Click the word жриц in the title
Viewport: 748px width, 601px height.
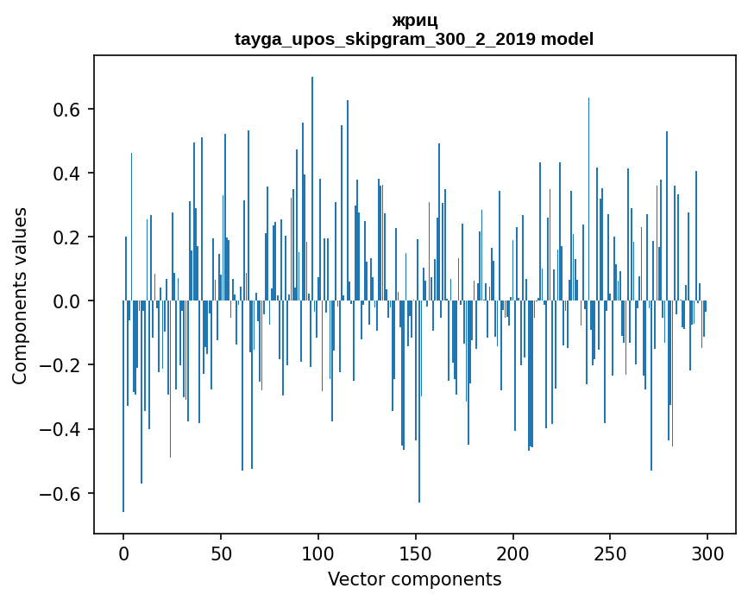(x=414, y=21)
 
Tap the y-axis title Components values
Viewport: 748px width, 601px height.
(x=20, y=295)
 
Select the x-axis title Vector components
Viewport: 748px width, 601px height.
(x=414, y=579)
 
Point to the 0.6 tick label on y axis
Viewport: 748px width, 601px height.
(x=68, y=110)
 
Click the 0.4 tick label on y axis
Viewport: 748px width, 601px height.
(x=68, y=174)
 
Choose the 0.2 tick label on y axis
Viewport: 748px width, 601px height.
(x=68, y=237)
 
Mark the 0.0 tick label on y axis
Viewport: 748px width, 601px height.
(x=68, y=301)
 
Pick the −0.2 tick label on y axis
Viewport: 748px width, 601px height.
(x=62, y=365)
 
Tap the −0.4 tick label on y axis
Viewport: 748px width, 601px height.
(x=62, y=429)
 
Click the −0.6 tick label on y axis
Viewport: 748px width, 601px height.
(x=62, y=493)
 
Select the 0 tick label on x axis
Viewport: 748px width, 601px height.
(x=123, y=553)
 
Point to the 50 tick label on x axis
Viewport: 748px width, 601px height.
(x=221, y=553)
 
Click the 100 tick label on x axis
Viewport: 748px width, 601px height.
(x=318, y=553)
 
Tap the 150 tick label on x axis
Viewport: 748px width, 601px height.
(x=416, y=553)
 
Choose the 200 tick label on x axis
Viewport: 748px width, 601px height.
(x=513, y=553)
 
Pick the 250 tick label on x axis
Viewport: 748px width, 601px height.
(x=611, y=553)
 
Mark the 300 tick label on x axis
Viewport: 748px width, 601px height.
(x=708, y=553)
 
